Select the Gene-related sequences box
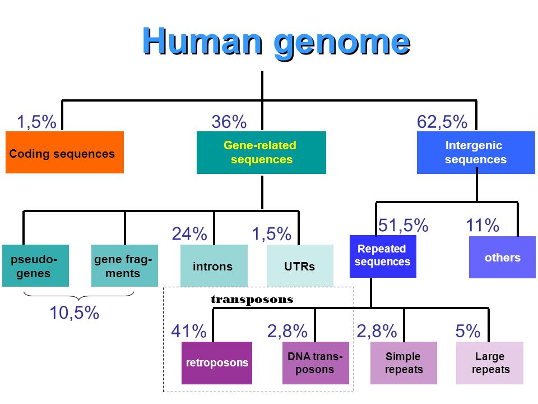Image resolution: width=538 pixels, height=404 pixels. [261, 153]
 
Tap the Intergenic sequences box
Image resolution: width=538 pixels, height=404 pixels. [476, 153]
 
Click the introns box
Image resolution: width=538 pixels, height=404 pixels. [214, 266]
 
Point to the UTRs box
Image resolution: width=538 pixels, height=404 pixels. [300, 266]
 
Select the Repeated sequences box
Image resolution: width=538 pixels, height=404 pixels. [382, 256]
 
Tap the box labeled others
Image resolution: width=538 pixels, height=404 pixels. [502, 258]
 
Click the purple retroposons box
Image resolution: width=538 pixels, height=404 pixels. [217, 363]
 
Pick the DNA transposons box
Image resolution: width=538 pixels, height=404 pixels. [315, 363]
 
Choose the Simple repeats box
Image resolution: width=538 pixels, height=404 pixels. [403, 363]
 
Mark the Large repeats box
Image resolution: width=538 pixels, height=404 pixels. [490, 363]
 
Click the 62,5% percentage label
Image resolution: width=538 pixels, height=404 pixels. [442, 122]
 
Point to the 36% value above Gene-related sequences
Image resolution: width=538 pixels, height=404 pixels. [229, 122]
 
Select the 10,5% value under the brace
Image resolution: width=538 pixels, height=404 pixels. [74, 313]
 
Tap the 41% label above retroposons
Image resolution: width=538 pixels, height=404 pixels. [188, 332]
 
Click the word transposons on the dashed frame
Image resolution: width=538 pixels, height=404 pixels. [252, 300]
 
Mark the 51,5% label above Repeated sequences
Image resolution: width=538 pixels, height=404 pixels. [403, 226]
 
